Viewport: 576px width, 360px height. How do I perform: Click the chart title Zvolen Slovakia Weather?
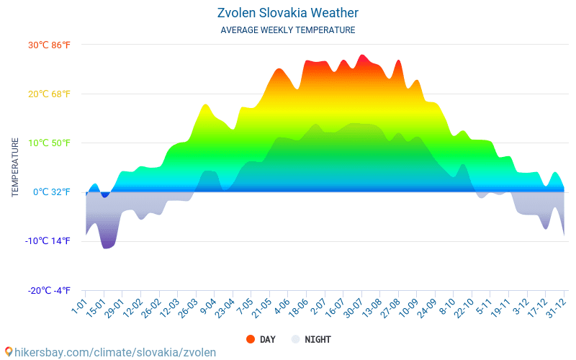click(287, 13)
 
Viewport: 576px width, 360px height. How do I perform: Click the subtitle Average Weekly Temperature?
click(287, 30)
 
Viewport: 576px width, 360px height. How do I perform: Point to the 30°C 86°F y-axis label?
click(49, 45)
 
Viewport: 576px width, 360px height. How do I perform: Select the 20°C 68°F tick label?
click(49, 94)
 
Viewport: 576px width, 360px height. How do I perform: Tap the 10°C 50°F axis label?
click(49, 143)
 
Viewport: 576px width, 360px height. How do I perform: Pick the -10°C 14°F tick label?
click(48, 240)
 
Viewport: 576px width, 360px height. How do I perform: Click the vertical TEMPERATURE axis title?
click(15, 168)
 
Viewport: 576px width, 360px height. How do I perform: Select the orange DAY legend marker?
click(251, 339)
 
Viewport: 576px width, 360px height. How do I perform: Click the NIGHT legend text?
click(318, 339)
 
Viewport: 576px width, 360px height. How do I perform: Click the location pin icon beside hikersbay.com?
click(9, 352)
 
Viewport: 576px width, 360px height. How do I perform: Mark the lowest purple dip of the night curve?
click(107, 247)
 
